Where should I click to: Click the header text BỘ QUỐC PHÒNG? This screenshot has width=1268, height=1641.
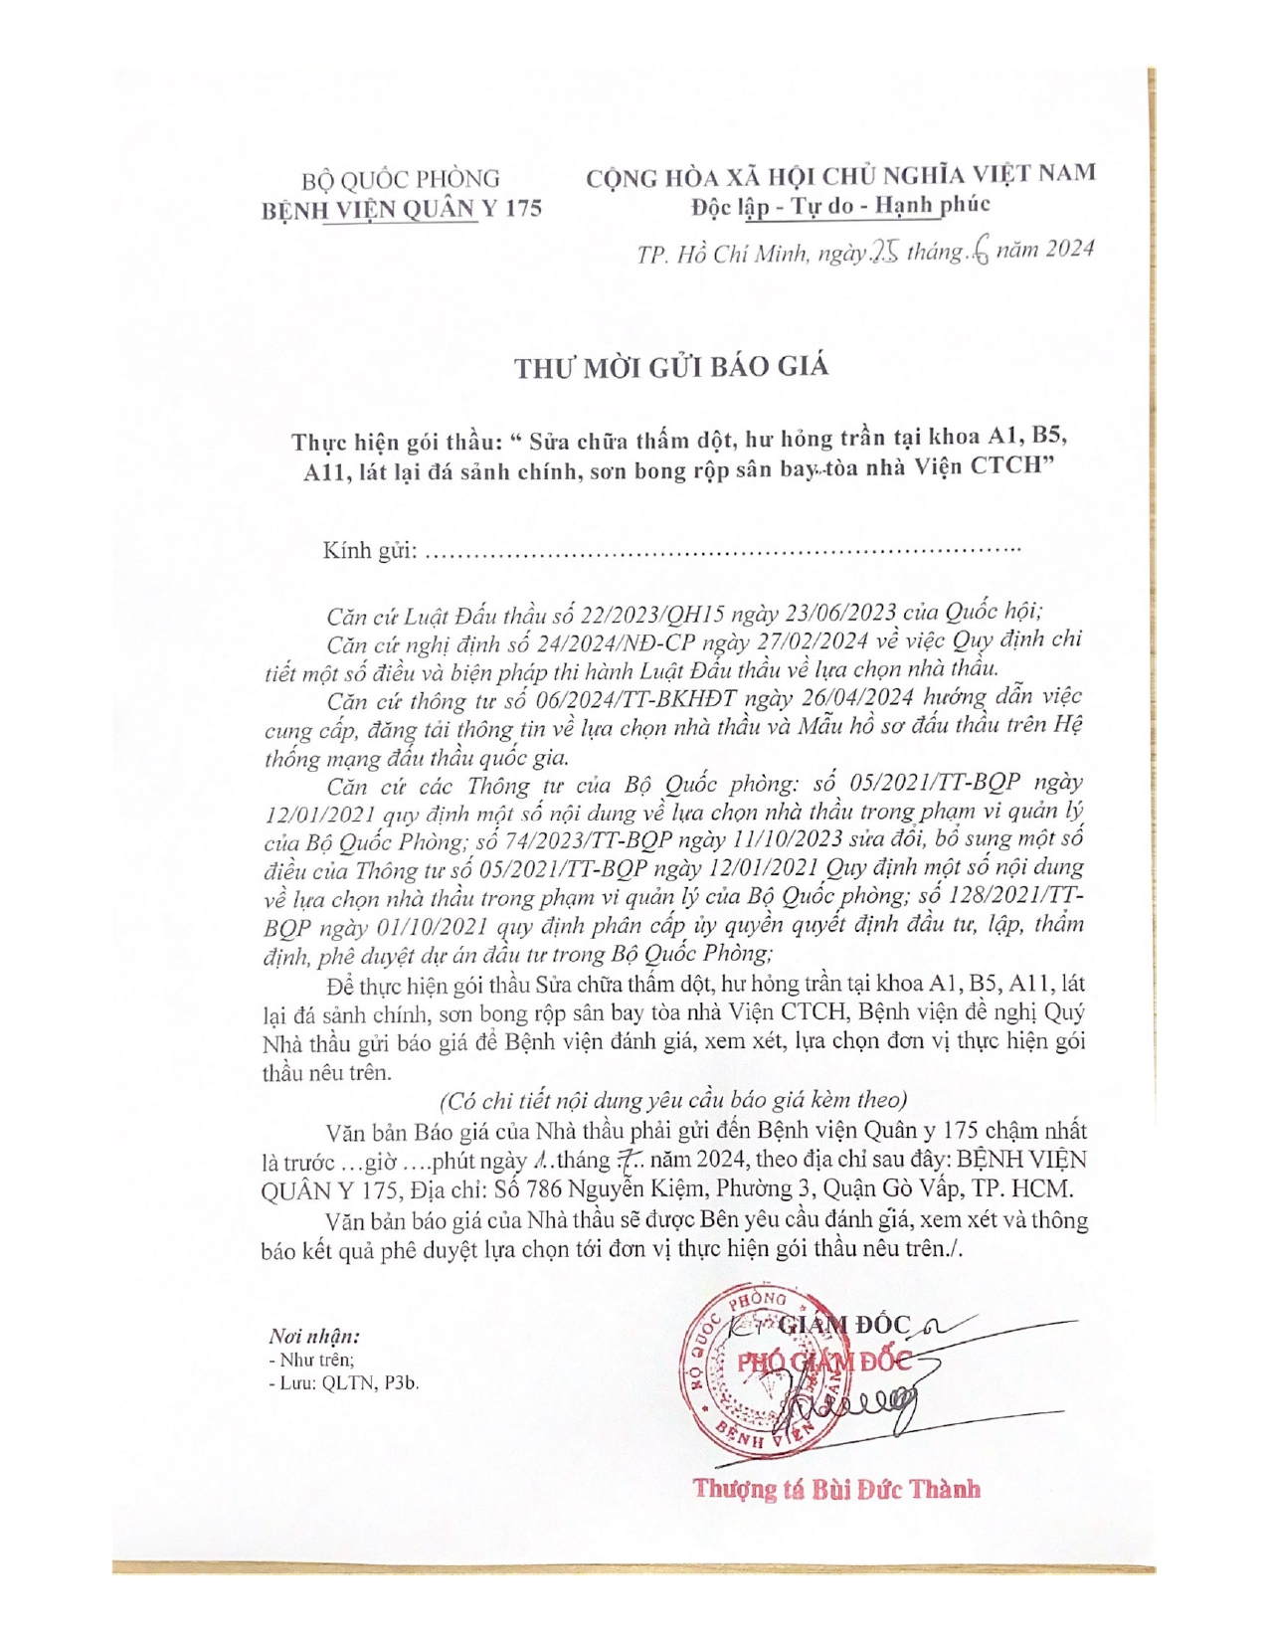pos(401,179)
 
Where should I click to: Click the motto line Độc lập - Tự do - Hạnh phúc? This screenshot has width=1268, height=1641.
pos(840,205)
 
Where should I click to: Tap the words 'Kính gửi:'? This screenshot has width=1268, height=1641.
pos(369,550)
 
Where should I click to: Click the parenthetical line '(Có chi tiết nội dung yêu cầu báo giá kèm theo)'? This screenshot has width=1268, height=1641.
pos(673,1100)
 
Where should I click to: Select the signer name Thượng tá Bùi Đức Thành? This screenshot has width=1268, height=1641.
pos(836,1489)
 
